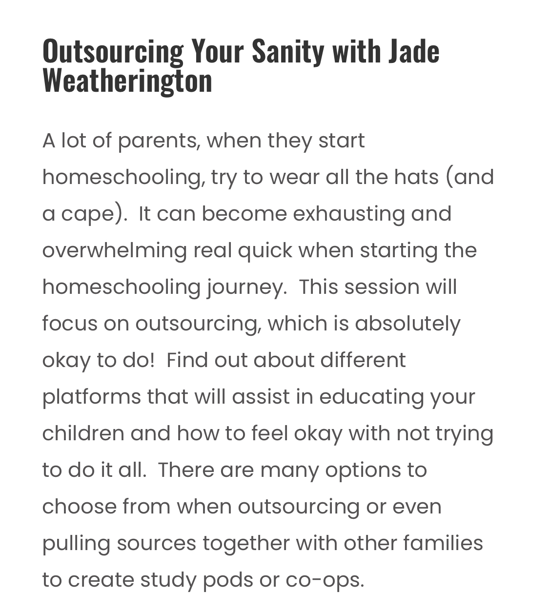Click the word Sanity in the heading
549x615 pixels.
pos(287,51)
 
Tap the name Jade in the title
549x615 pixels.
pos(414,51)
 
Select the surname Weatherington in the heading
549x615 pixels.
pos(127,80)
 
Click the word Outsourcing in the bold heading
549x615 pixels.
pos(113,51)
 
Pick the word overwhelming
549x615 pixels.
pos(114,251)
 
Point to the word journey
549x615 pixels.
pos(245,287)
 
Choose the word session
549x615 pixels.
pos(382,287)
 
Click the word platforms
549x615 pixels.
pos(91,397)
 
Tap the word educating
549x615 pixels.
pos(371,397)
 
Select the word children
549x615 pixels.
pos(83,433)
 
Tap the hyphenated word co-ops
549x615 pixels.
pos(324,580)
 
